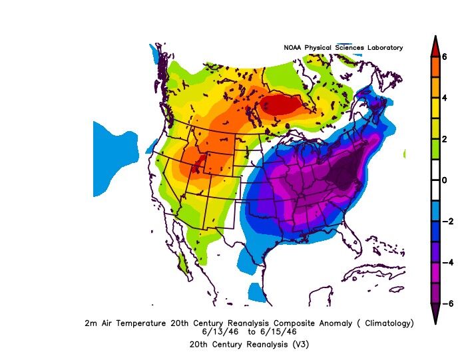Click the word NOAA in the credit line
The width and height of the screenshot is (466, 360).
(x=294, y=48)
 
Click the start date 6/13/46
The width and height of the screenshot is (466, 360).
(x=218, y=331)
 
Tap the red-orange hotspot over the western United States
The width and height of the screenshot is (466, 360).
(x=194, y=161)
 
